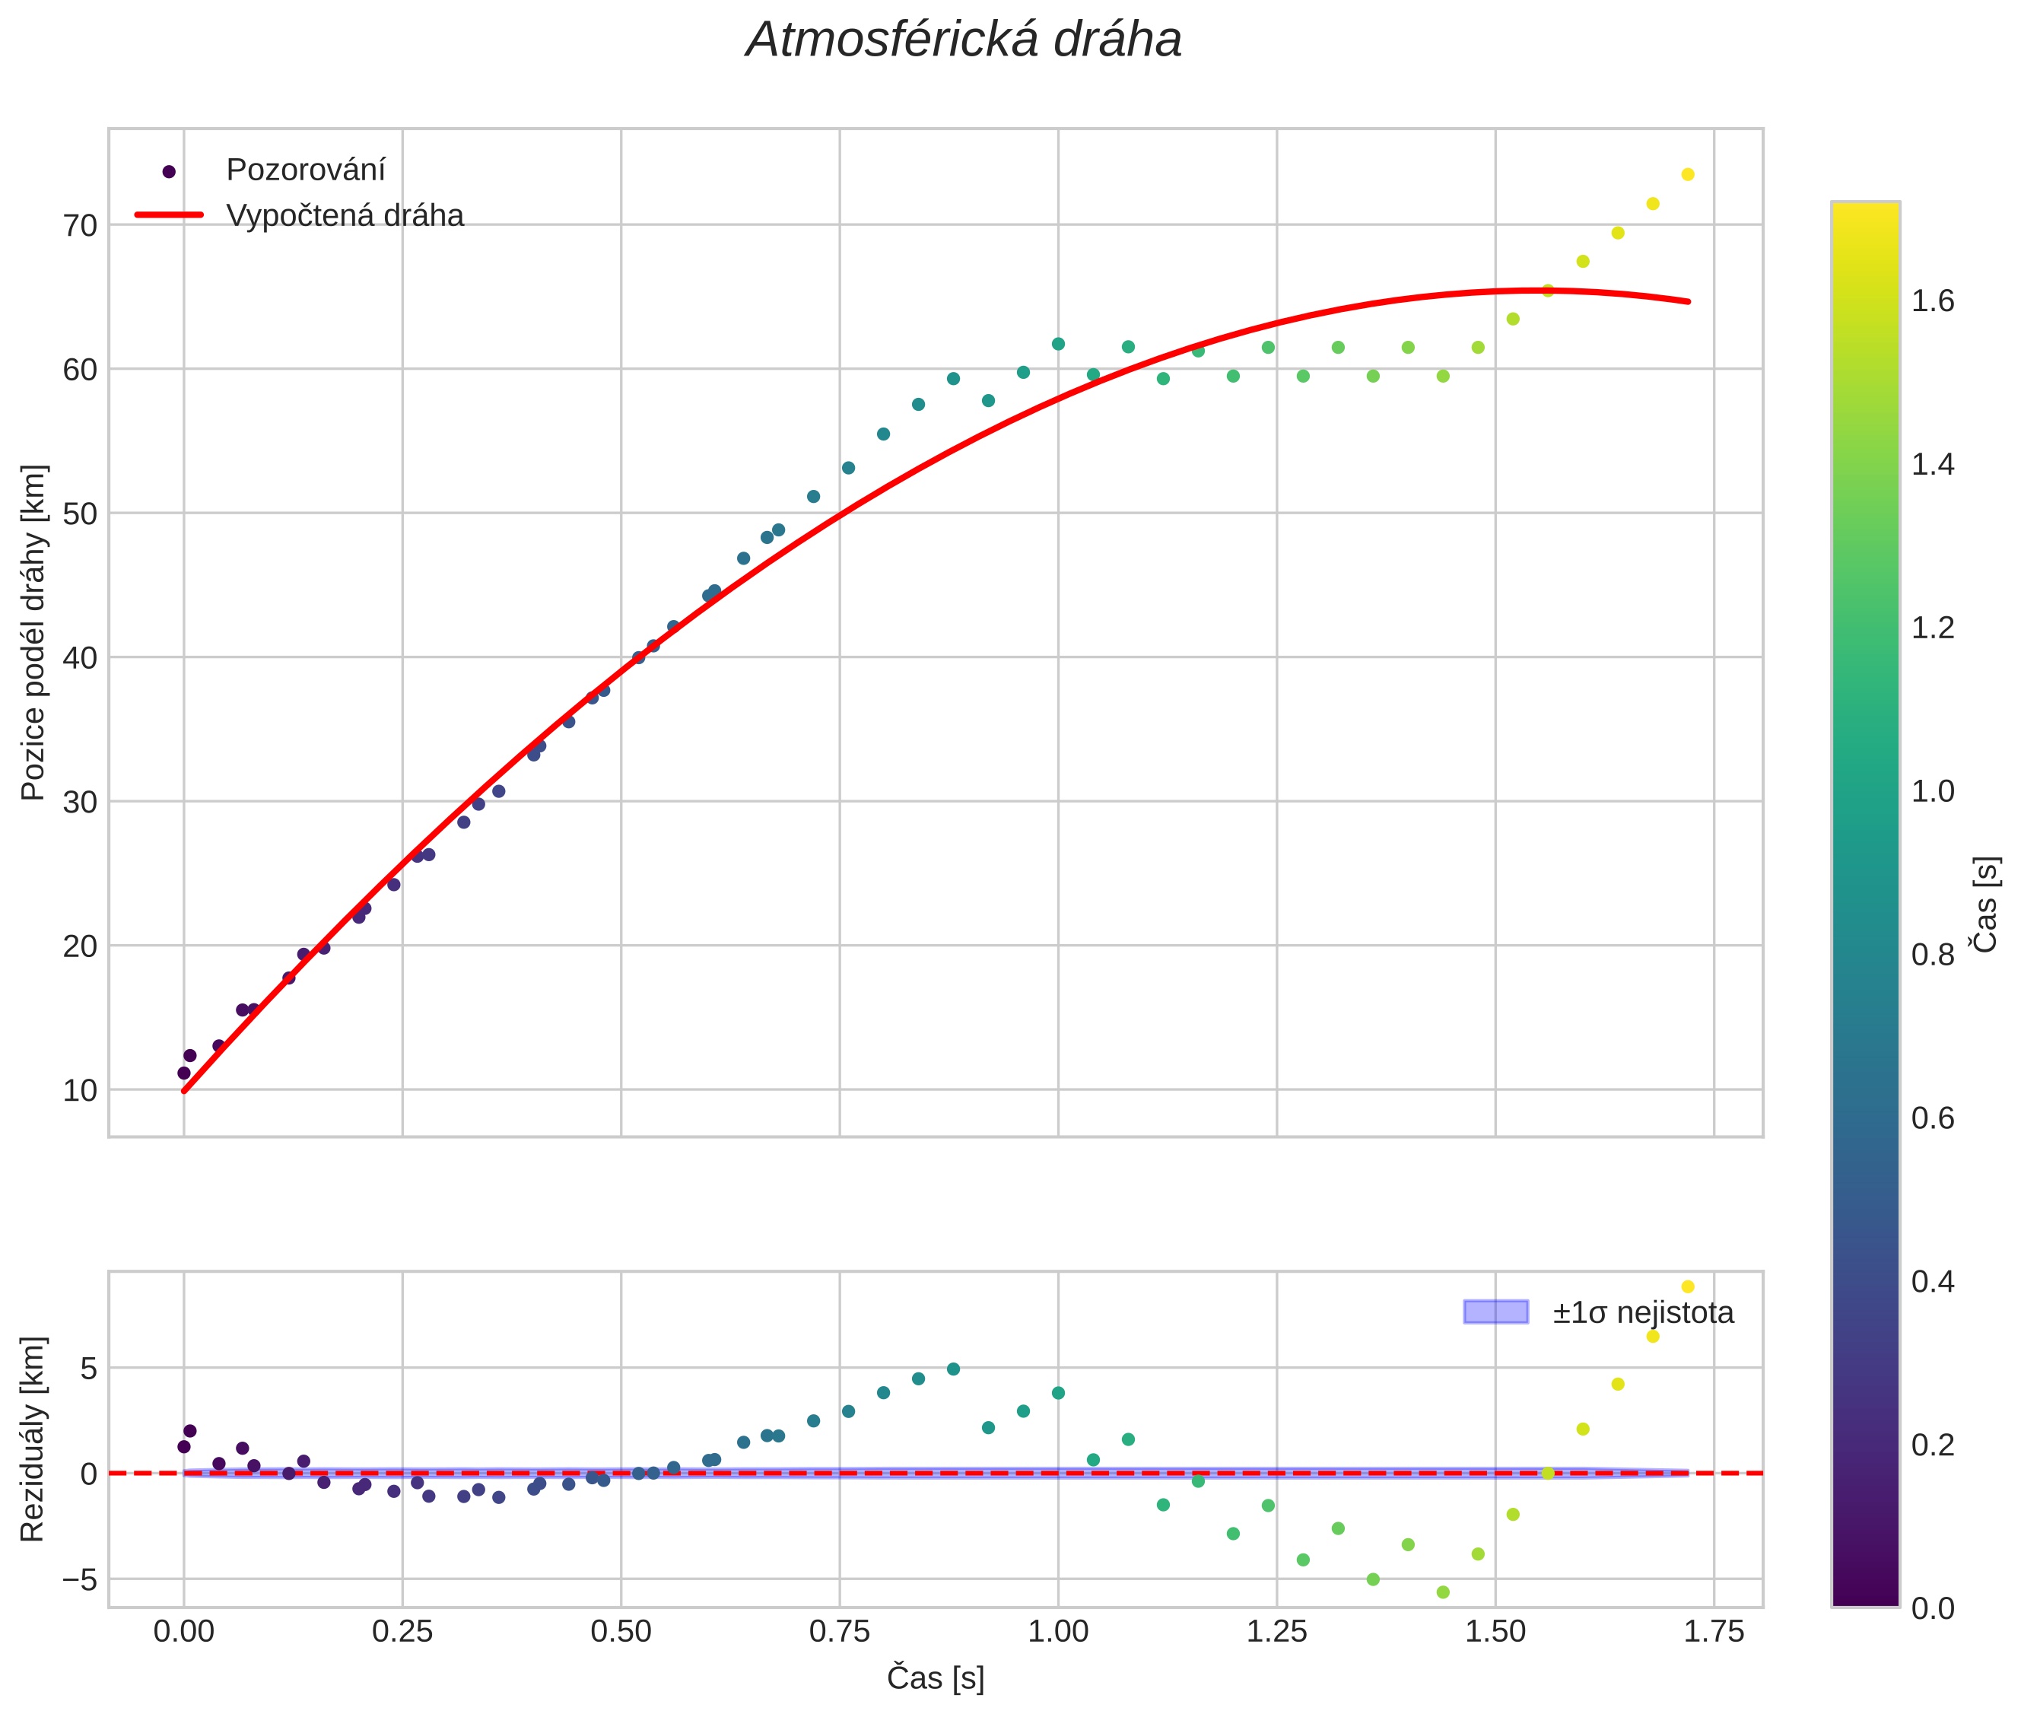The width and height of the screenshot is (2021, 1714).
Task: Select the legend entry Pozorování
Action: tap(305, 170)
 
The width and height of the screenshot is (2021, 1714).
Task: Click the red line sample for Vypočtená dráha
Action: tap(169, 215)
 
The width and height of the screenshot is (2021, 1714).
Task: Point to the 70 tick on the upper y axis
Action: tap(81, 225)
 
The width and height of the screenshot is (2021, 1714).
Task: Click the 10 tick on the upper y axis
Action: tap(81, 1090)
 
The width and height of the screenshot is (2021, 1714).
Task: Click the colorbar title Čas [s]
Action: tap(1986, 904)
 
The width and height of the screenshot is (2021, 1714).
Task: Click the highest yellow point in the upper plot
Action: tap(1688, 175)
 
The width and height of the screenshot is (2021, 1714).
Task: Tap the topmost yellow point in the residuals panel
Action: tap(1688, 1286)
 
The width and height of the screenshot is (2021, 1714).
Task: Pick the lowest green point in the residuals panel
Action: tap(1443, 1592)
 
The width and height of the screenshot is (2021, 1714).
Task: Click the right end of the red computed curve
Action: tap(1689, 301)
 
